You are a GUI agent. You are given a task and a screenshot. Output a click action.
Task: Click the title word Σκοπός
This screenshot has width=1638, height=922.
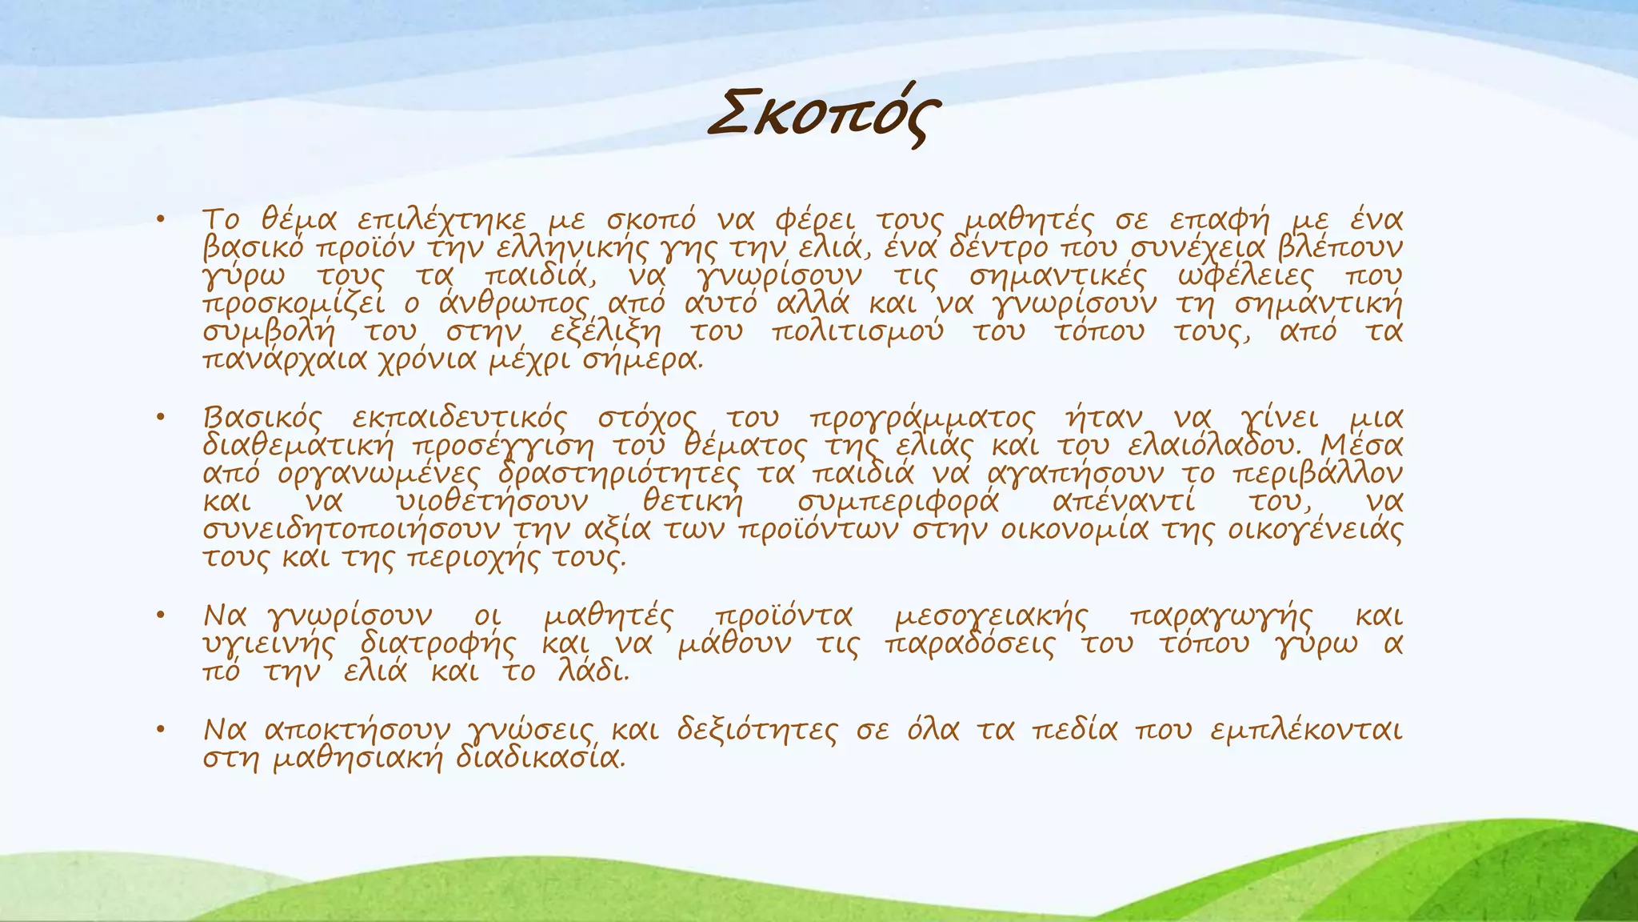coord(825,117)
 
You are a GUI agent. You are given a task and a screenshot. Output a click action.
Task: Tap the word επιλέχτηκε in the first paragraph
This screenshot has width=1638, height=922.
coord(441,219)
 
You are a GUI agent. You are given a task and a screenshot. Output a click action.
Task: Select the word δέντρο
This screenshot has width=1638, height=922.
coord(997,247)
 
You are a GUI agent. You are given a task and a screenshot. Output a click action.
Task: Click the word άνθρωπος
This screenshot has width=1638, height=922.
coord(513,304)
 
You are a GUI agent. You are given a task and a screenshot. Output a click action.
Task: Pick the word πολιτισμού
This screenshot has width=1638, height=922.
coord(857,331)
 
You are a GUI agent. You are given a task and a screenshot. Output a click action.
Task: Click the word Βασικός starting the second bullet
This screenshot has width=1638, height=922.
coord(263,418)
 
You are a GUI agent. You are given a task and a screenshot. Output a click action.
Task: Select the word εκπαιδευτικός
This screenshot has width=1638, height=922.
coord(459,418)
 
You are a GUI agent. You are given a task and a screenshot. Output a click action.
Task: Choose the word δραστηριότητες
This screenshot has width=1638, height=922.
coord(619,474)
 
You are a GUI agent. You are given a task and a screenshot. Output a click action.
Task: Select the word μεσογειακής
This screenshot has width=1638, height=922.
coord(991,617)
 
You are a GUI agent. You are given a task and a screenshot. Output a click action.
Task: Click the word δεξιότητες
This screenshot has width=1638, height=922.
coord(757,730)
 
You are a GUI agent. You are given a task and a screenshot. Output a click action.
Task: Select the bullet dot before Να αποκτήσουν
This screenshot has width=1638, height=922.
coord(161,730)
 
